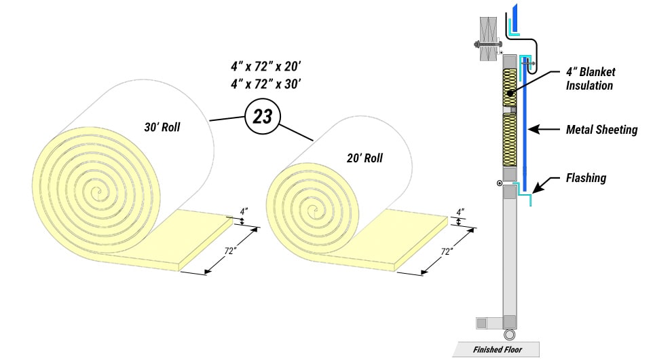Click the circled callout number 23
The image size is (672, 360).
click(x=262, y=116)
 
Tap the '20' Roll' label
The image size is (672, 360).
click(x=364, y=158)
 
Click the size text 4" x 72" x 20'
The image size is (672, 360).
click(x=265, y=67)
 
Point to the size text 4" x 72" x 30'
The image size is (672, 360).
click(x=265, y=84)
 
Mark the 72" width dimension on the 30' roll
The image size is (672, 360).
click(x=231, y=251)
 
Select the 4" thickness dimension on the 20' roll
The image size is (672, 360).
click(x=461, y=212)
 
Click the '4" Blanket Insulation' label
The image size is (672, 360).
click(x=589, y=79)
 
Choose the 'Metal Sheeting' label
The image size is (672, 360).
click(x=601, y=129)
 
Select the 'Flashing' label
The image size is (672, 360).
click(x=586, y=179)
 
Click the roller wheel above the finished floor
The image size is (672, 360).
click(x=510, y=334)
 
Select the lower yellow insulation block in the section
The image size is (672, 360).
click(x=510, y=139)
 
